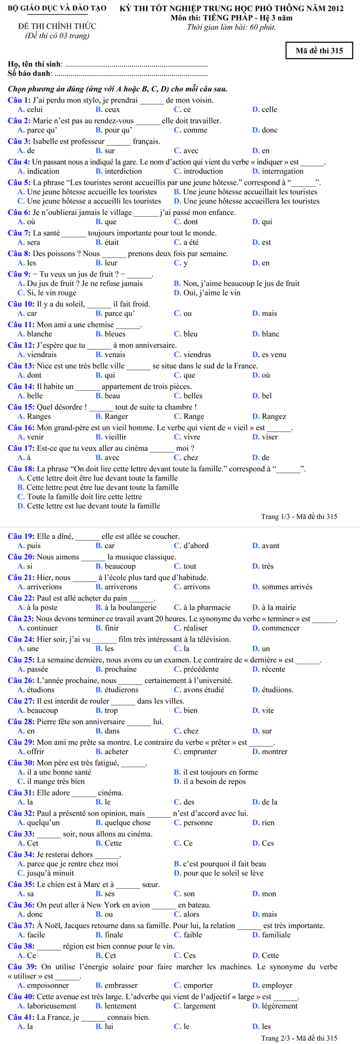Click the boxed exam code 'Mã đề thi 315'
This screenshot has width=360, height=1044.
319,50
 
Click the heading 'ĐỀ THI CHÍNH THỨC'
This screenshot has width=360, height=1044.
57,26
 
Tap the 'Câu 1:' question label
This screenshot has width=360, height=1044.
19,100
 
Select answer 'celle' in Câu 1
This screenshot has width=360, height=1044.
269,109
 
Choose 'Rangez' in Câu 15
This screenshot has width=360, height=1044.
274,416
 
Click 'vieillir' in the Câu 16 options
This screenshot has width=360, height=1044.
115,437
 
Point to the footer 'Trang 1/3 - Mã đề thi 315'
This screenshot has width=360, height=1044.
299,517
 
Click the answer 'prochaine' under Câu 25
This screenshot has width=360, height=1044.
120,669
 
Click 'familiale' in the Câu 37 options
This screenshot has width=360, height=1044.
276,935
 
